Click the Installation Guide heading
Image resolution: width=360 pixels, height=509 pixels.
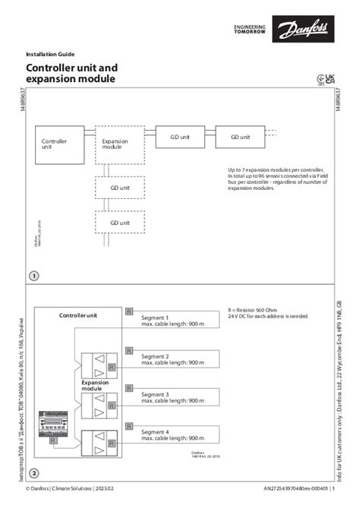pos(50,55)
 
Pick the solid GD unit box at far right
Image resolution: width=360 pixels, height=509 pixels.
pos(240,137)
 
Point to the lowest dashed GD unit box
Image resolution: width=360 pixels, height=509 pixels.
pos(119,222)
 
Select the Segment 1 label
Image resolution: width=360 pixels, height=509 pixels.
pos(156,317)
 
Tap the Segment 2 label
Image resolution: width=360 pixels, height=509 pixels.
pos(156,356)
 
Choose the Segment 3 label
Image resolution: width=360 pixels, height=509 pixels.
pos(156,394)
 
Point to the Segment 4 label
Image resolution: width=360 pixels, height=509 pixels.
pos(156,432)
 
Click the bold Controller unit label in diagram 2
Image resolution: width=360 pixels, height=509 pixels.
pos(78,315)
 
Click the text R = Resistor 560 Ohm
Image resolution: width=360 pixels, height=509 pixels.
pos(257,311)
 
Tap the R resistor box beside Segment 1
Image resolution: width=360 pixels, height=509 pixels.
pos(129,312)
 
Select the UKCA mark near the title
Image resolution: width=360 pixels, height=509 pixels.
pos(330,77)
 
